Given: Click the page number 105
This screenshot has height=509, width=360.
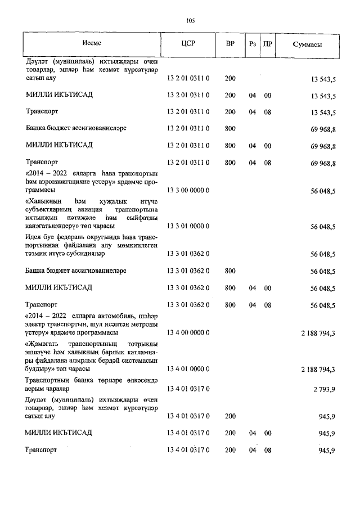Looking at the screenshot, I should tap(190, 21).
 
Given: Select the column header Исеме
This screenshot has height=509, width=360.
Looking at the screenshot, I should tap(91, 43).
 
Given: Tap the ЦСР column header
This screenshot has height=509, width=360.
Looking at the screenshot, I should tap(188, 44).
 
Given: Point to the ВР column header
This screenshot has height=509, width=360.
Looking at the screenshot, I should tap(230, 44).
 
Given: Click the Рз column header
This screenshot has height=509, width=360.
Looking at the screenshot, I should tap(253, 44).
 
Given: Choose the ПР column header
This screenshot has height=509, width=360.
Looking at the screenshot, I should tap(268, 44).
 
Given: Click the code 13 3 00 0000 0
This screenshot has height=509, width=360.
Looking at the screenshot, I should tap(188, 191).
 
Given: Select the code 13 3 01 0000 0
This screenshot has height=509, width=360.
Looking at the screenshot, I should tap(188, 226).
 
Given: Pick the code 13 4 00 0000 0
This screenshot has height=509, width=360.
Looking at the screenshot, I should tap(188, 333).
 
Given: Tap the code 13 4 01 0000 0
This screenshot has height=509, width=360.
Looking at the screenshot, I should tap(188, 369).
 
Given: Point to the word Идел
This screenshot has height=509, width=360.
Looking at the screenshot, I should tap(33, 236).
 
